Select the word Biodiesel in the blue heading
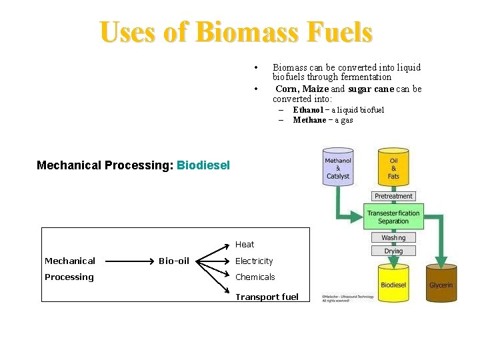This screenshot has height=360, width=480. [x=203, y=165]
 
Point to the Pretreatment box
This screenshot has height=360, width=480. [x=393, y=196]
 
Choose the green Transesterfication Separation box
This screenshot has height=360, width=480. [x=393, y=217]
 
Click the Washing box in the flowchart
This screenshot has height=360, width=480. [x=393, y=237]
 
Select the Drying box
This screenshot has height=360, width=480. [x=393, y=251]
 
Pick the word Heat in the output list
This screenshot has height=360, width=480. [x=245, y=245]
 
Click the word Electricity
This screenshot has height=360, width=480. [x=254, y=261]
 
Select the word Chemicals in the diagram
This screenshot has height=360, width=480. [x=255, y=277]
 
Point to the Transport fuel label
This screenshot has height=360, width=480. [x=267, y=297]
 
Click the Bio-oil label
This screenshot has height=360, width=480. [x=174, y=261]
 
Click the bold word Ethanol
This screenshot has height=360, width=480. [x=307, y=109]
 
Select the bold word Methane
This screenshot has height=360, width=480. [x=309, y=120]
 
